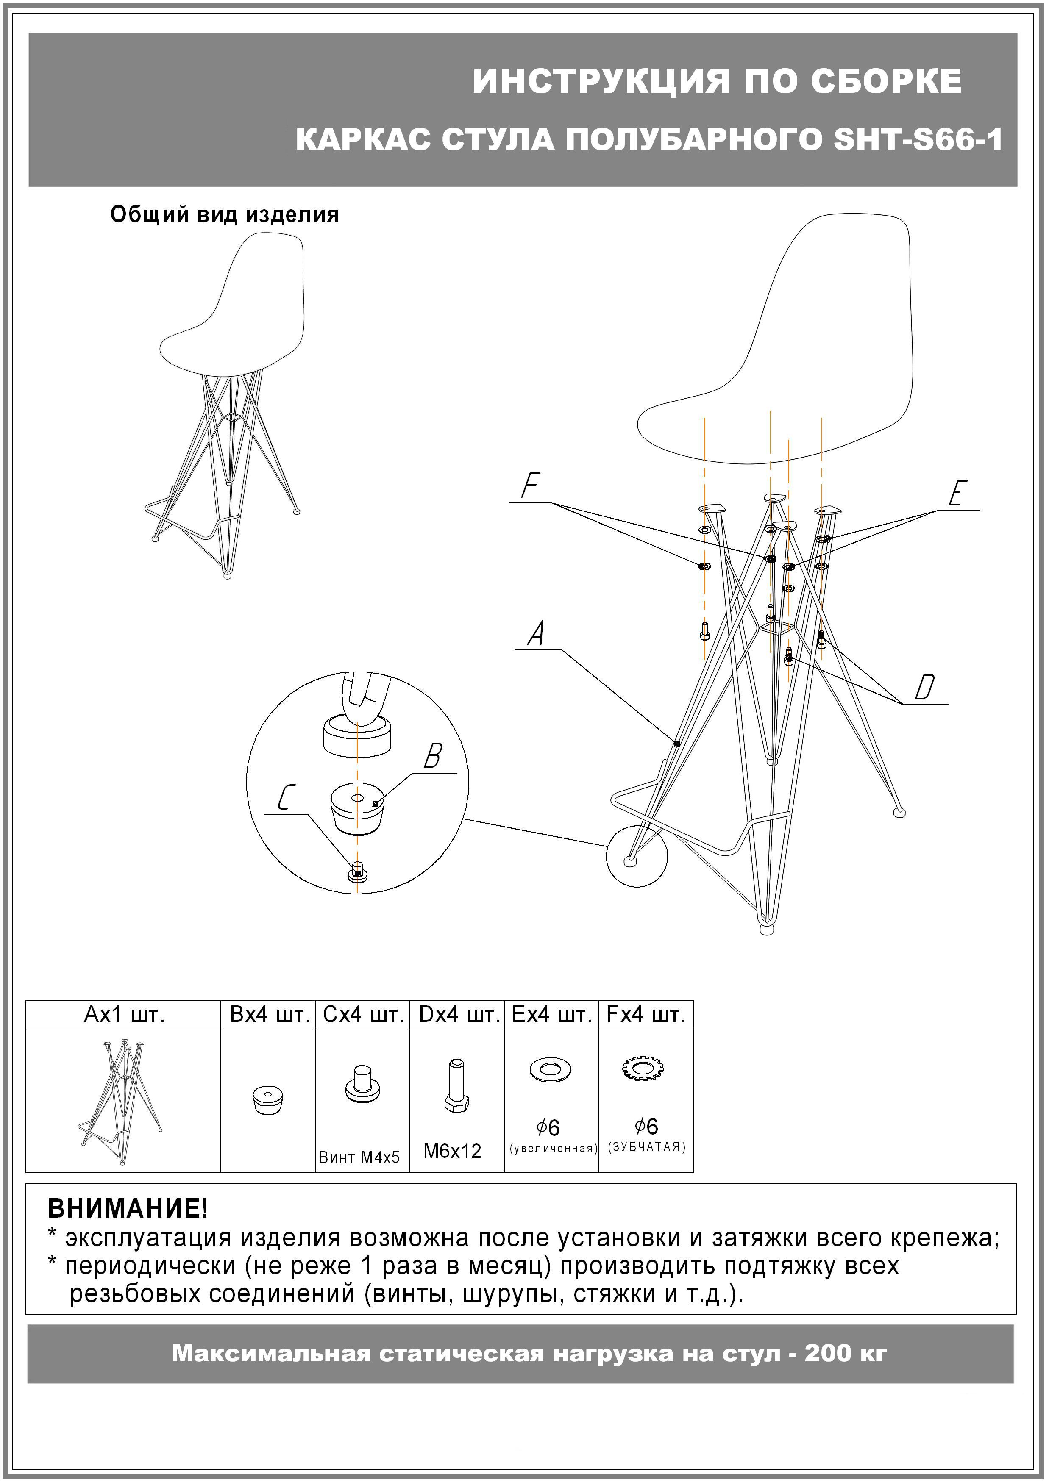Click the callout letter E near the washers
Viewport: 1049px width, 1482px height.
coord(958,494)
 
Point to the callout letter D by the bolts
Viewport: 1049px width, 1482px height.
coord(924,687)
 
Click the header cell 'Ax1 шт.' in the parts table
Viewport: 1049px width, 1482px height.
coord(124,1015)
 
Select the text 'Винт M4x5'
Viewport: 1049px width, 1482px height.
coord(359,1157)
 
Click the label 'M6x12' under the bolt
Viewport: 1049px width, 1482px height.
coord(452,1151)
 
